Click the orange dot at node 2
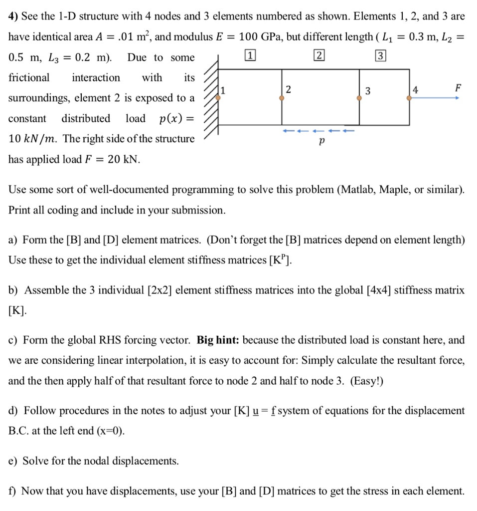282,98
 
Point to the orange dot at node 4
409,98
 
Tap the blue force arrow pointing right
434,98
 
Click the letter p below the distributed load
321,143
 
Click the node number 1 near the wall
223,90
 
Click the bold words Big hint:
219,340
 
